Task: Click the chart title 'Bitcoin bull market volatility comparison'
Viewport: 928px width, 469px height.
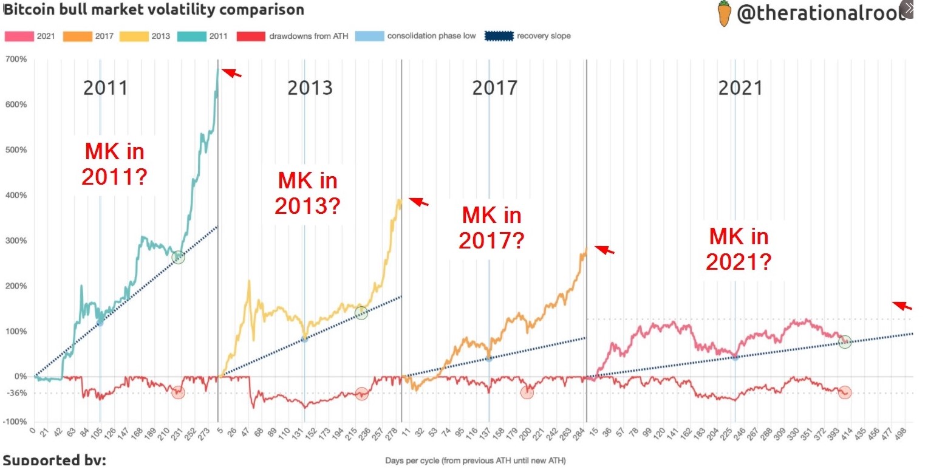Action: [x=154, y=10]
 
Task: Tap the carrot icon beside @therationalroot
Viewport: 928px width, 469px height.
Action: [x=723, y=14]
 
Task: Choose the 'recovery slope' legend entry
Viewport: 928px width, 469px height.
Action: [x=527, y=36]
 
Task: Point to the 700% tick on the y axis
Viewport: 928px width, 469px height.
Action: [x=16, y=60]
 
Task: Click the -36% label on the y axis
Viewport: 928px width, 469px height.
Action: [x=17, y=393]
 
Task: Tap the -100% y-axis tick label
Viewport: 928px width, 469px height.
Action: [x=15, y=422]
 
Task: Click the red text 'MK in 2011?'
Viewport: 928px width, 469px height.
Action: [x=114, y=164]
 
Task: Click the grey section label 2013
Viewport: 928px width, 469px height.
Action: [x=310, y=88]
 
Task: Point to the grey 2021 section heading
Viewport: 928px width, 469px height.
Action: [x=740, y=88]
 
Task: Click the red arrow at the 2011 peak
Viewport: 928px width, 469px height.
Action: [x=231, y=73]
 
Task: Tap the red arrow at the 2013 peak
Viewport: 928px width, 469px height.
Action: [x=418, y=202]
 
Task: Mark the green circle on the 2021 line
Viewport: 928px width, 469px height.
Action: [x=845, y=342]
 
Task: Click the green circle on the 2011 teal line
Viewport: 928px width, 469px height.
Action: [x=178, y=258]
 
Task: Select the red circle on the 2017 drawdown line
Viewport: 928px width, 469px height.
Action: [x=527, y=392]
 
